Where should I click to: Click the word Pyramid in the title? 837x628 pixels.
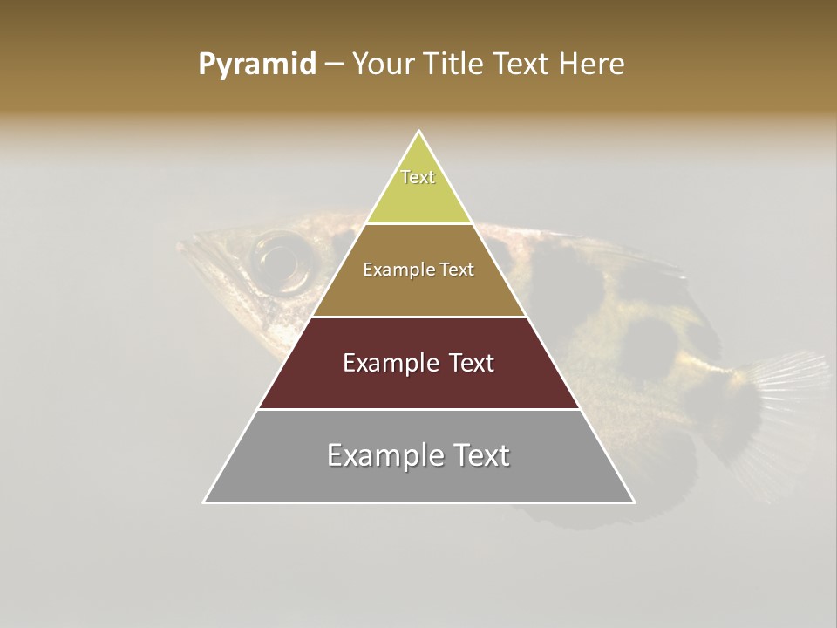click(257, 65)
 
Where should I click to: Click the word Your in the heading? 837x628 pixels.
click(382, 65)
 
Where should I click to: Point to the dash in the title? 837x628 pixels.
click(333, 65)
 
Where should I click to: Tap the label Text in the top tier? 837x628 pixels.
click(418, 177)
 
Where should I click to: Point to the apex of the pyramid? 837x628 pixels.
click(419, 132)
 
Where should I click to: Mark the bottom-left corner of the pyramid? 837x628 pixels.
click(204, 502)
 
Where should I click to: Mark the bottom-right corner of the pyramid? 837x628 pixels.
click(635, 502)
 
